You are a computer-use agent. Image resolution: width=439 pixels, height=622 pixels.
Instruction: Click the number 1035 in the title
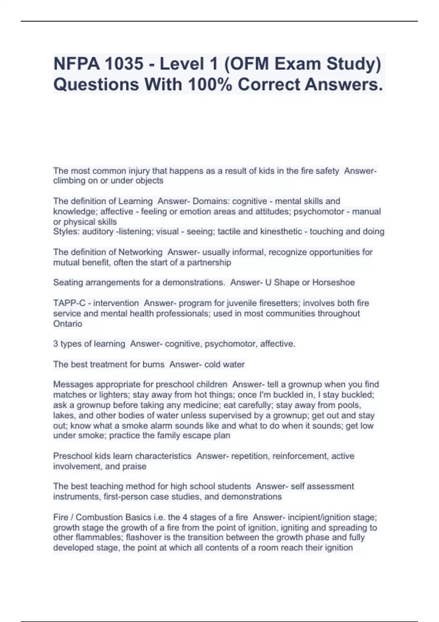click(123, 64)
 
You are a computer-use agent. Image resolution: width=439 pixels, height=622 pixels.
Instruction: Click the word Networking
click(140, 252)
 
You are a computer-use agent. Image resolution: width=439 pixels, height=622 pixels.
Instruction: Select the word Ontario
click(68, 324)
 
